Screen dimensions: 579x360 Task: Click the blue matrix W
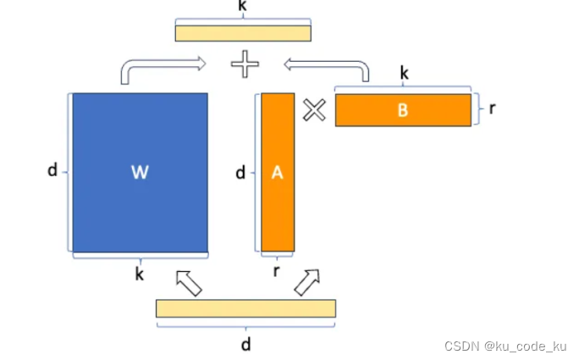click(x=140, y=172)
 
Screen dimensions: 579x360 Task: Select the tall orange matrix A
click(x=278, y=172)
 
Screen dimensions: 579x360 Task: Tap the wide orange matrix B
click(x=402, y=110)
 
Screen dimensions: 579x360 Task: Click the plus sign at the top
click(x=245, y=63)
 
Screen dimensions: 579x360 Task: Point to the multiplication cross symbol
click(x=314, y=110)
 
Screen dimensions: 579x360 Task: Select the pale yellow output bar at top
click(x=244, y=32)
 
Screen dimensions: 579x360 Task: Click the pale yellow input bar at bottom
click(x=245, y=308)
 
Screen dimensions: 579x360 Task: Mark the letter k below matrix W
click(x=140, y=274)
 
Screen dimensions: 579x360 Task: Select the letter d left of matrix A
click(x=240, y=173)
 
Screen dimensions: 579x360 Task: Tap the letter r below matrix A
click(x=277, y=272)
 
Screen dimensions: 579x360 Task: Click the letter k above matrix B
click(x=404, y=74)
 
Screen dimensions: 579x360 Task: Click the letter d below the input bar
click(x=245, y=345)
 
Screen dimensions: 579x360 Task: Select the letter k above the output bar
click(x=244, y=6)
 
